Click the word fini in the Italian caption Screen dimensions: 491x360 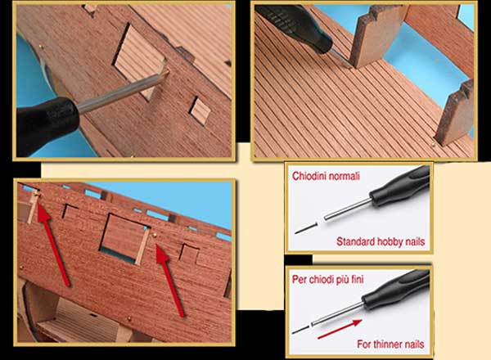[x=357, y=279]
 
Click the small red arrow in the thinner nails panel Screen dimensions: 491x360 [x=340, y=330]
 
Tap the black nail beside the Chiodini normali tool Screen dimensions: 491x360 [x=305, y=228]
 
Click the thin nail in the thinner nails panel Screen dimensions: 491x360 [x=300, y=330]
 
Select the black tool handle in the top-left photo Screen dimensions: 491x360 [x=47, y=125]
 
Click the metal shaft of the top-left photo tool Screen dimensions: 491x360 [x=122, y=91]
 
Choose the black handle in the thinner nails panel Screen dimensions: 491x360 [x=396, y=290]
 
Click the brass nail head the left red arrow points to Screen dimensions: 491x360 [x=37, y=195]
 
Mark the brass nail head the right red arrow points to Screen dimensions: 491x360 [x=154, y=235]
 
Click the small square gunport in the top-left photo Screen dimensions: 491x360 [x=200, y=110]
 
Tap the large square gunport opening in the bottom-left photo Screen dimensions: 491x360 [x=124, y=239]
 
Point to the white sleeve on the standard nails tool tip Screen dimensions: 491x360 [x=321, y=222]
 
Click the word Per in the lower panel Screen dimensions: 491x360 [x=299, y=279]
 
